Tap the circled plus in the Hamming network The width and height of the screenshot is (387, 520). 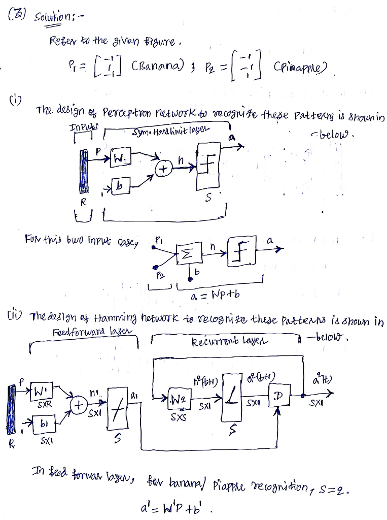point(79,406)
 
